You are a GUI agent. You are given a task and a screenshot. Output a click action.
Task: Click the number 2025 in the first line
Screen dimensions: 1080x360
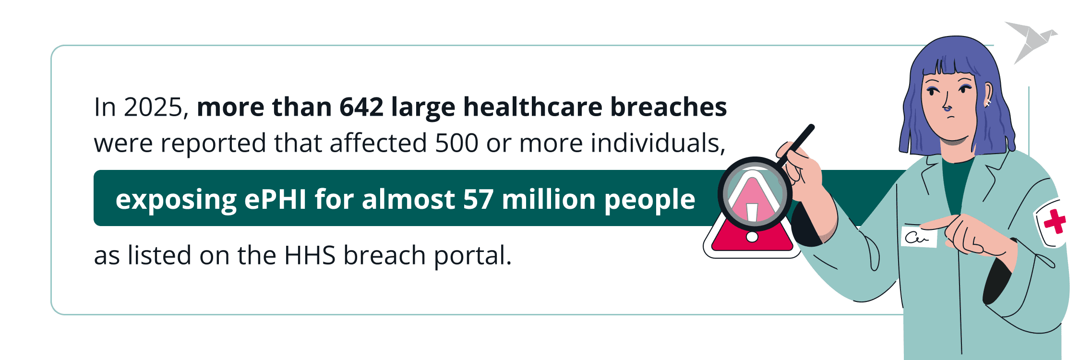point(153,107)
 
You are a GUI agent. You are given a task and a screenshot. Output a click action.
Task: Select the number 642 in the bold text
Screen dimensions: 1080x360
point(361,107)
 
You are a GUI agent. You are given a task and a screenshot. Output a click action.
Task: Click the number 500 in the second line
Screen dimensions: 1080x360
point(456,143)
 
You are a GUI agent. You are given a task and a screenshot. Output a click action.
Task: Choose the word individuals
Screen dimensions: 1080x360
point(658,143)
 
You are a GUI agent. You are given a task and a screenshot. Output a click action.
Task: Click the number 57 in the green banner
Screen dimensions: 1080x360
point(478,199)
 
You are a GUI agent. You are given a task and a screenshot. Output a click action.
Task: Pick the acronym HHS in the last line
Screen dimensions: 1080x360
point(310,255)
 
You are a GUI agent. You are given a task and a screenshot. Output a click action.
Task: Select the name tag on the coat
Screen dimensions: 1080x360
point(919,236)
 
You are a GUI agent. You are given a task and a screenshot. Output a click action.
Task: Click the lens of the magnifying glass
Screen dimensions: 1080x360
point(755,194)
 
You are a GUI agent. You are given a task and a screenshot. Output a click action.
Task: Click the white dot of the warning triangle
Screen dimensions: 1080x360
point(752,237)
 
